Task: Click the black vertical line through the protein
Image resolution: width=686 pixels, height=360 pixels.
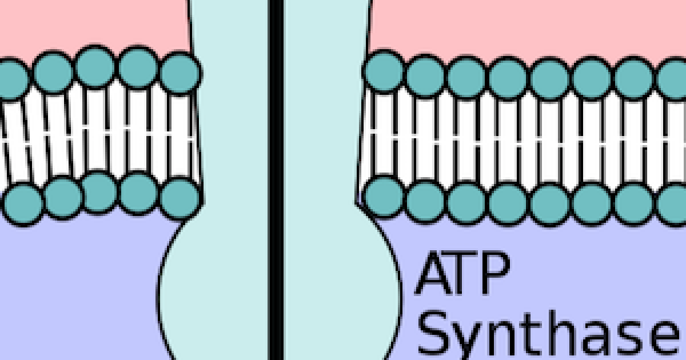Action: pyautogui.click(x=276, y=171)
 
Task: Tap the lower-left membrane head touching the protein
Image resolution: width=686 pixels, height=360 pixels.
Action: pyautogui.click(x=180, y=198)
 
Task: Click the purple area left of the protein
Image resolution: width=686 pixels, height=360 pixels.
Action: pyautogui.click(x=74, y=286)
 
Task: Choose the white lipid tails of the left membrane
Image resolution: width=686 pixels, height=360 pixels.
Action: pyautogui.click(x=97, y=134)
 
